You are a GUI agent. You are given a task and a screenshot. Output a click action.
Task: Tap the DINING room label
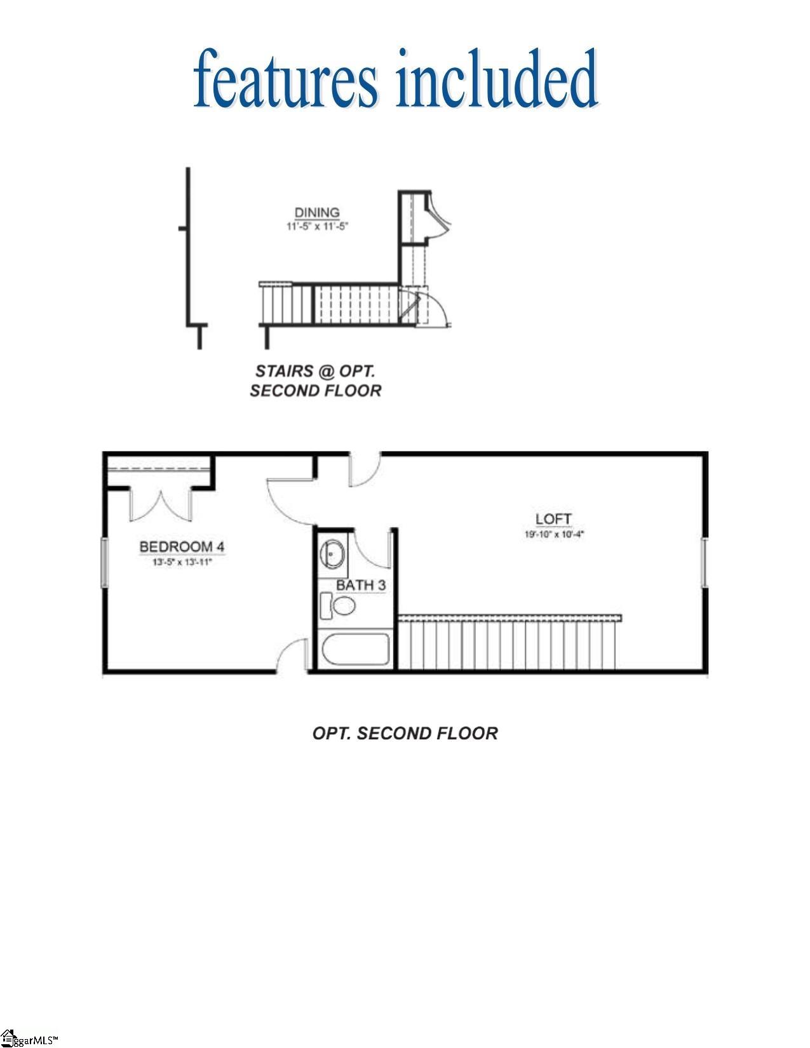click(316, 213)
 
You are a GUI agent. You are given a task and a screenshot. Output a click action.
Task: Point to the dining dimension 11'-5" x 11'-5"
click(316, 225)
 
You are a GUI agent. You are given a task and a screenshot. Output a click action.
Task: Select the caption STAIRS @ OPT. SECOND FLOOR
click(316, 380)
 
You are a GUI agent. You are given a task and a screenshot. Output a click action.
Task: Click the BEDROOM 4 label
click(182, 546)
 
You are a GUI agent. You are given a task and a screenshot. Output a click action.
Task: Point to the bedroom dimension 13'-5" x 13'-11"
click(182, 561)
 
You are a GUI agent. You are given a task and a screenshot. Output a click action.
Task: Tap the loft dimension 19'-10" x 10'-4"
click(553, 535)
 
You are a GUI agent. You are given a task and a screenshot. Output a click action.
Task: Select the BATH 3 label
click(360, 585)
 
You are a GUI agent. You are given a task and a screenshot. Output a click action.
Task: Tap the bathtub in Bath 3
click(356, 649)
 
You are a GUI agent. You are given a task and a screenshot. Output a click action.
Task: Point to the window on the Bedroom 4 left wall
click(104, 562)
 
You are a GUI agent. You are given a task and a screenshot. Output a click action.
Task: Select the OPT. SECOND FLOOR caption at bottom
click(405, 734)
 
